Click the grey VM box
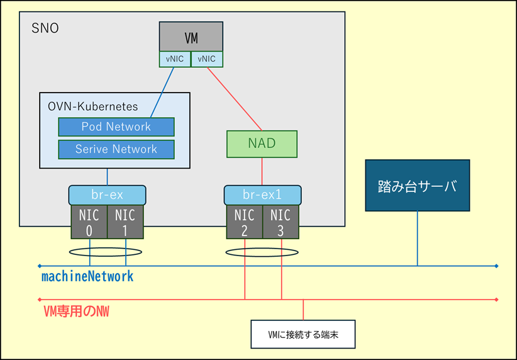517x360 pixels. [191, 37]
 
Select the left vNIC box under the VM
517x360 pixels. [174, 59]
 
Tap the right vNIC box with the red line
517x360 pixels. [206, 59]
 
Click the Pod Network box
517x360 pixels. [116, 127]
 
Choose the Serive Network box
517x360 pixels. [116, 149]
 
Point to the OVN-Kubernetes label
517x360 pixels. [93, 106]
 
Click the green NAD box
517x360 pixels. [262, 143]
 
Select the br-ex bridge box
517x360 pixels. [108, 194]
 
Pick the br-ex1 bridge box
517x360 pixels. [262, 194]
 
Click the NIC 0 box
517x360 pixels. [89, 222]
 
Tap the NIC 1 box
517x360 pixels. [126, 222]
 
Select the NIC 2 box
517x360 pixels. [243, 222]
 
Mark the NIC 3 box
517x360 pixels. [281, 222]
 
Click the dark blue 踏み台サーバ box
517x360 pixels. [417, 186]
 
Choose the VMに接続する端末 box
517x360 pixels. [303, 334]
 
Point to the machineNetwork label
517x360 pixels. [87, 276]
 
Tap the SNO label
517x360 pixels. [45, 28]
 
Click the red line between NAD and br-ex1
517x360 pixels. [262, 171]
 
